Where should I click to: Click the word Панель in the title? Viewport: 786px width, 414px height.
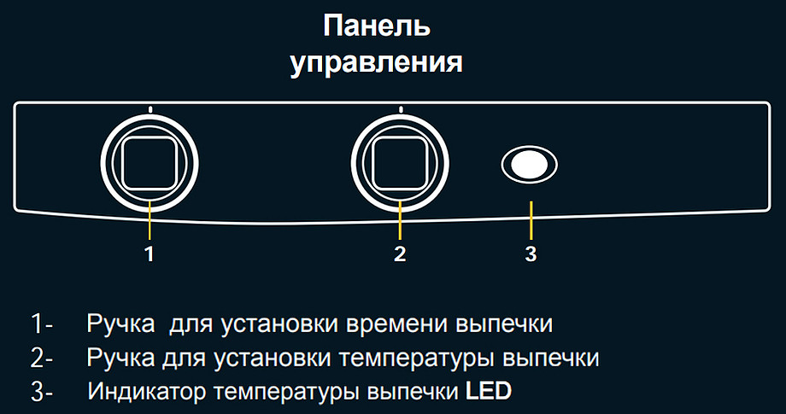pos(377,26)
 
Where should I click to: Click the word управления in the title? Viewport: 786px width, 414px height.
pos(377,62)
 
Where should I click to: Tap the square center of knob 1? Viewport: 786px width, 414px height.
pos(150,163)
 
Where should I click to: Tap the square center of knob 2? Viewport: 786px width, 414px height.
pos(400,163)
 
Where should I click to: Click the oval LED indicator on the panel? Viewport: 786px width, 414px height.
pos(530,165)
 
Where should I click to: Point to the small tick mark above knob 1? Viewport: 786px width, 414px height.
pos(150,109)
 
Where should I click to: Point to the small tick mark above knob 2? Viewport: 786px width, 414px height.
pos(400,109)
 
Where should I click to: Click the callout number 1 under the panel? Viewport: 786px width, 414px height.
pos(150,254)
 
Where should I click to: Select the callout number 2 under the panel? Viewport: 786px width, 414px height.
pos(400,254)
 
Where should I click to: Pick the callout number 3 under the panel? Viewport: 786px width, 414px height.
pos(531,254)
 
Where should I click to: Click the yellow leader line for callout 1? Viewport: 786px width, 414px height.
pos(150,219)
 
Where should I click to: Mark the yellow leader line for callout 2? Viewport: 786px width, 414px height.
pos(400,219)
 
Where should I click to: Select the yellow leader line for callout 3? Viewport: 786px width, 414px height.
pos(531,220)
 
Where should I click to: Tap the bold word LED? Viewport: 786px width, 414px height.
pos(489,391)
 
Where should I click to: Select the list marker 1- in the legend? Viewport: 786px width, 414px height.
pos(42,324)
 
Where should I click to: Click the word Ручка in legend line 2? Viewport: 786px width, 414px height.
pos(120,359)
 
